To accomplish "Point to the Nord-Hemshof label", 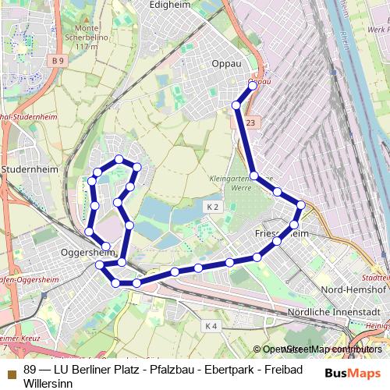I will click(353, 290).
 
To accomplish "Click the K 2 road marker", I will click(213, 206).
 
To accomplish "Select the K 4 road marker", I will click(211, 324).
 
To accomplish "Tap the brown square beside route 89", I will click(11, 369).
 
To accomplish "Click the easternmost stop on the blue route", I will click(302, 205).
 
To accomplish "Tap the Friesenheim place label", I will click(282, 233).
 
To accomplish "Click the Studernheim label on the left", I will click(27, 168).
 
